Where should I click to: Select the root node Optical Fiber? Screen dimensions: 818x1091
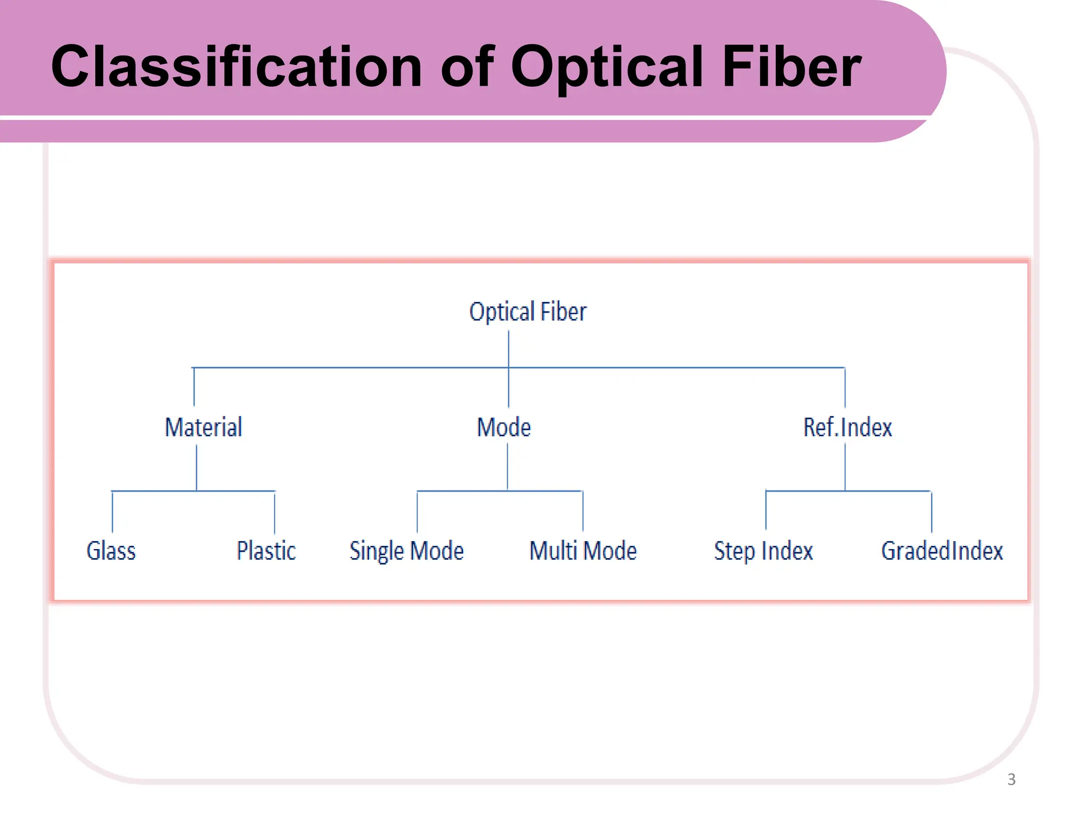[527, 312]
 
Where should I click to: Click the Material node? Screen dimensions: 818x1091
[203, 427]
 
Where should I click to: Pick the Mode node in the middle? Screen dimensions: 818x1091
[504, 427]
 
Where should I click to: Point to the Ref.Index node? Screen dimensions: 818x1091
[848, 427]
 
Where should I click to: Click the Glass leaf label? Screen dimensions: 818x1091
[111, 551]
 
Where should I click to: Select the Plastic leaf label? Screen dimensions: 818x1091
[266, 551]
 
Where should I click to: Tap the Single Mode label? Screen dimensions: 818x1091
[406, 551]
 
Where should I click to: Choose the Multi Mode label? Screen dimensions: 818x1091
[583, 551]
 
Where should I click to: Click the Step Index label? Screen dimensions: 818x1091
[763, 551]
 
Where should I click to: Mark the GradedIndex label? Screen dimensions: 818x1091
[942, 551]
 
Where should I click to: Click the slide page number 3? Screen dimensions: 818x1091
[1012, 780]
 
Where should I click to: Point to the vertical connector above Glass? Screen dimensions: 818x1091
[112, 512]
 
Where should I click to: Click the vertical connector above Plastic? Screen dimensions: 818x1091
[275, 513]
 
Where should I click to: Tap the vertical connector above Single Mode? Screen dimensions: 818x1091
[417, 512]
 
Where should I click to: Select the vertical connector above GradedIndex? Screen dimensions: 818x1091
[932, 512]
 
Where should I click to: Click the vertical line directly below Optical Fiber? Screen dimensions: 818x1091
[509, 349]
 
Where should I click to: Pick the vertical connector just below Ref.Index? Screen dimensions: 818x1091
[845, 466]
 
